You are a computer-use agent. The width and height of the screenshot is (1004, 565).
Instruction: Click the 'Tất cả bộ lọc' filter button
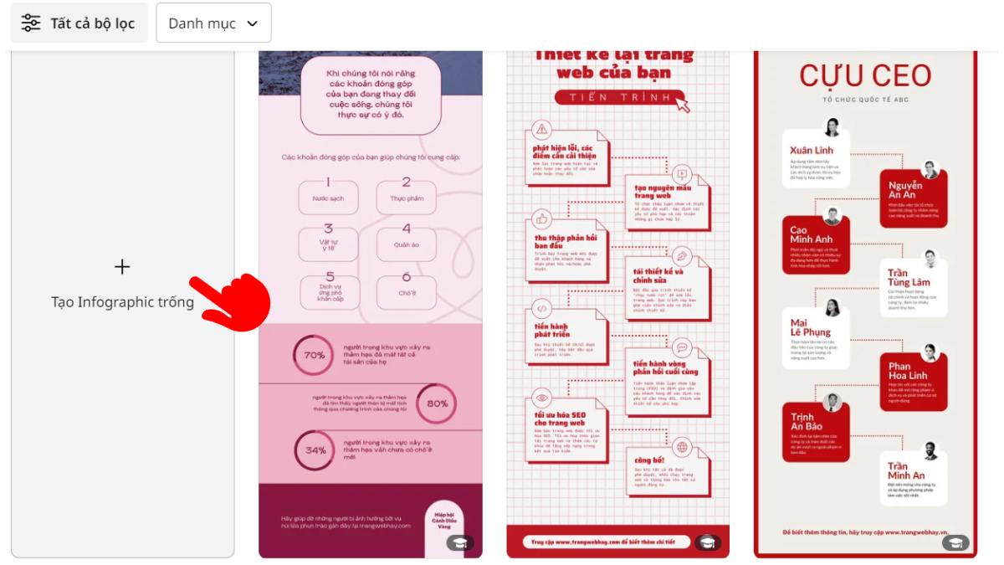tap(79, 23)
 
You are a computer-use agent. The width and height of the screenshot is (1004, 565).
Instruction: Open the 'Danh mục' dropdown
tap(213, 23)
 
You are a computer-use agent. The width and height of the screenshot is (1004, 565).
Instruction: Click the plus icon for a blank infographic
tap(122, 267)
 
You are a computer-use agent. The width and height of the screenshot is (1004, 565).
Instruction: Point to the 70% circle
tap(314, 355)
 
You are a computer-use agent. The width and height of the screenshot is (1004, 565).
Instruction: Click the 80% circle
tap(437, 403)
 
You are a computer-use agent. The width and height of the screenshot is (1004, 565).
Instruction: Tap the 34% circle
tap(315, 450)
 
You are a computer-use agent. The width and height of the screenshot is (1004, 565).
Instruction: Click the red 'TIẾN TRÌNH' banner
tap(615, 98)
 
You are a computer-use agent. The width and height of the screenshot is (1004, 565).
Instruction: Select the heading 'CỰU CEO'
tap(865, 75)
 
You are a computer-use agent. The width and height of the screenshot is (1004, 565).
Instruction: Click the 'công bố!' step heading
tap(649, 460)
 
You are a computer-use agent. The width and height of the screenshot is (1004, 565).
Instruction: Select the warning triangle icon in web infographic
tap(542, 129)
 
